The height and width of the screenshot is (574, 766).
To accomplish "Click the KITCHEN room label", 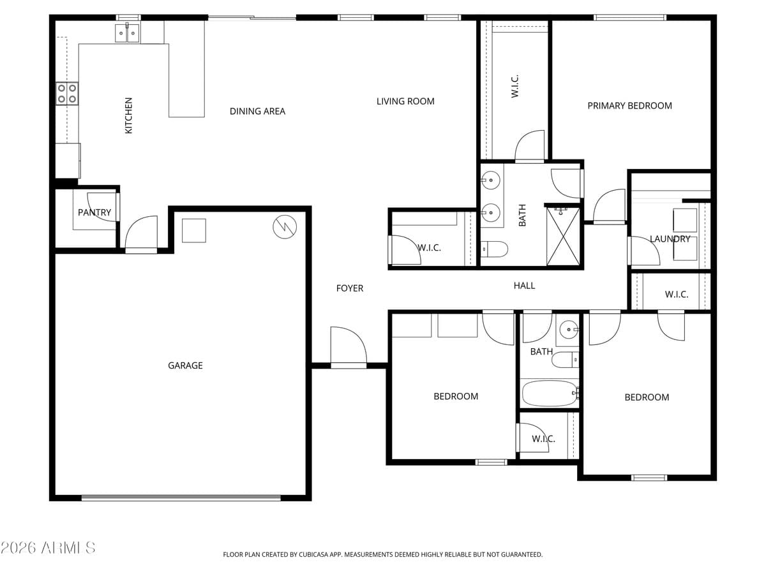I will [129, 115].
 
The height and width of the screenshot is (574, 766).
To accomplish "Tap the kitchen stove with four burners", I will [67, 93].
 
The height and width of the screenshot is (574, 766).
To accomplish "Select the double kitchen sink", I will [127, 33].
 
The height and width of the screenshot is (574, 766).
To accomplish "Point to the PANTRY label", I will [94, 212].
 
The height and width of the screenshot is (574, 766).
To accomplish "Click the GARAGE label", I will [185, 365].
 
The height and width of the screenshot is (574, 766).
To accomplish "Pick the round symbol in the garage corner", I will [284, 226].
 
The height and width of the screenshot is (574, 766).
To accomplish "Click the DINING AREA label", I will [257, 112].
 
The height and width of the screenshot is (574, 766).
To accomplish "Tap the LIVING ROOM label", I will [405, 101].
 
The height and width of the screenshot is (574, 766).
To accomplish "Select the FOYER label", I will [350, 288].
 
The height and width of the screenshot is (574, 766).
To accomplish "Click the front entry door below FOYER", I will [349, 348].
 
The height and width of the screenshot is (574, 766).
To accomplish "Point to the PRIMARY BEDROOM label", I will [629, 106].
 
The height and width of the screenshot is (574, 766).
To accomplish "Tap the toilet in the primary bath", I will [493, 249].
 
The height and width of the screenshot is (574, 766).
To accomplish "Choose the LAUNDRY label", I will [670, 239].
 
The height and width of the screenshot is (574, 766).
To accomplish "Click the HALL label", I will [524, 286].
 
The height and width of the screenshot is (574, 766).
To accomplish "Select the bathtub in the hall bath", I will [550, 393].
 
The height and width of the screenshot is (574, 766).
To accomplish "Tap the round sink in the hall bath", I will [567, 330].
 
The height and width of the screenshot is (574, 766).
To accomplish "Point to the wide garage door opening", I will [181, 497].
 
